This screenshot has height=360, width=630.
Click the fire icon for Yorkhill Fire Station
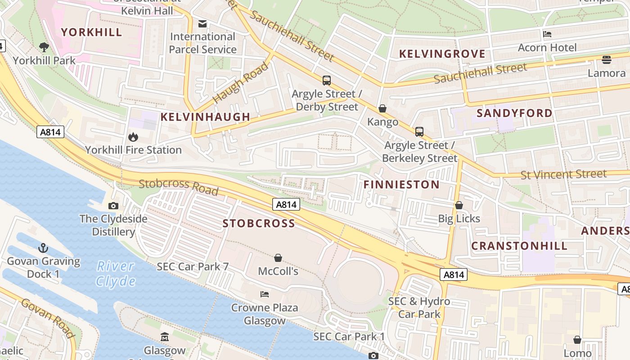pos(133,136)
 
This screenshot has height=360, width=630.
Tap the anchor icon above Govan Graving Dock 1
pos(43,248)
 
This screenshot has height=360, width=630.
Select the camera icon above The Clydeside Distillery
pos(113,206)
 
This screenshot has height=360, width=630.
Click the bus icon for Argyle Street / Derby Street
pos(327,81)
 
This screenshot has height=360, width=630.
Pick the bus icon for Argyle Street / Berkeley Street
pos(419,132)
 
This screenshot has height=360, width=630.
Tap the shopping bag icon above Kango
pos(382,108)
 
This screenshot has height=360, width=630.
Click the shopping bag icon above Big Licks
pos(459,205)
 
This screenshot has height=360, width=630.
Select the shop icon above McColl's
pos(278,258)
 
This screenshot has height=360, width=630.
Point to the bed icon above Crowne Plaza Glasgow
pos(265,294)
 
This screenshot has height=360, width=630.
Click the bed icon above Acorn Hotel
pos(547,34)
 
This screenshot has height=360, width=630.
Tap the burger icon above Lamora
pos(606,60)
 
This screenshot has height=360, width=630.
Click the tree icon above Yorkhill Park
pos(44,46)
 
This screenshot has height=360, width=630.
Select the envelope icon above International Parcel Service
pos(202,23)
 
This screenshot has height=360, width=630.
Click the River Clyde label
pos(116,274)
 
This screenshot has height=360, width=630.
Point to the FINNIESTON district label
pos(401,184)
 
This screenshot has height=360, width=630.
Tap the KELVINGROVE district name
pos(442,54)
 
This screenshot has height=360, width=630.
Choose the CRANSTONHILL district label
pos(519,246)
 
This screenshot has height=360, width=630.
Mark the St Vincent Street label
pos(563,174)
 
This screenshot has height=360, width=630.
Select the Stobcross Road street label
pos(179,187)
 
